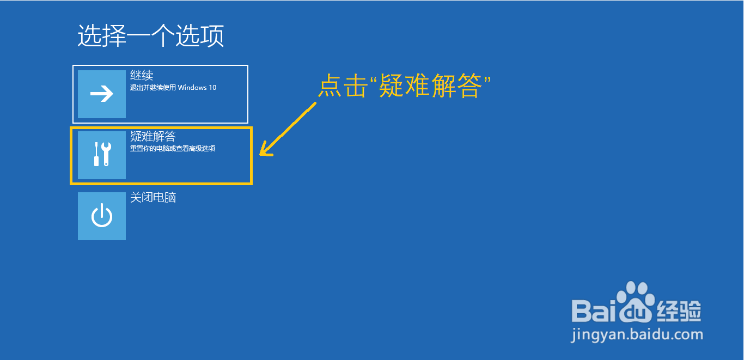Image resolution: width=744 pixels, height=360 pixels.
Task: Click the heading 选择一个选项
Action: (151, 36)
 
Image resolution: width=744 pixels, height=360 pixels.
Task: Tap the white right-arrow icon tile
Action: (102, 94)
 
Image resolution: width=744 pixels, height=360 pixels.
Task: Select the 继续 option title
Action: (142, 75)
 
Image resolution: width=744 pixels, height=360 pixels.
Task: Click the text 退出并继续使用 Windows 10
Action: (173, 87)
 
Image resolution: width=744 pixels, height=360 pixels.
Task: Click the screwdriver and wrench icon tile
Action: (102, 155)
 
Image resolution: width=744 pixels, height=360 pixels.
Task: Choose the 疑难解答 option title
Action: (153, 136)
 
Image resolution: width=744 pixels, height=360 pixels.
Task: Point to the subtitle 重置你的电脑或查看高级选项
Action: (173, 148)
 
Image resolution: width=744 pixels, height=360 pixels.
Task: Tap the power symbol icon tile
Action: (102, 216)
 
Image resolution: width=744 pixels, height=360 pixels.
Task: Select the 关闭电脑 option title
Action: (153, 197)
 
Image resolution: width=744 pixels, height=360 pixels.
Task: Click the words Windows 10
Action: (197, 87)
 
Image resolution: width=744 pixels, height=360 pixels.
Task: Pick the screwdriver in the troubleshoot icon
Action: (96, 154)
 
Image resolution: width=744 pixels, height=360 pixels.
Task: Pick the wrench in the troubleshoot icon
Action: (106, 154)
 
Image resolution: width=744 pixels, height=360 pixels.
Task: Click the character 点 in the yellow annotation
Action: (330, 87)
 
